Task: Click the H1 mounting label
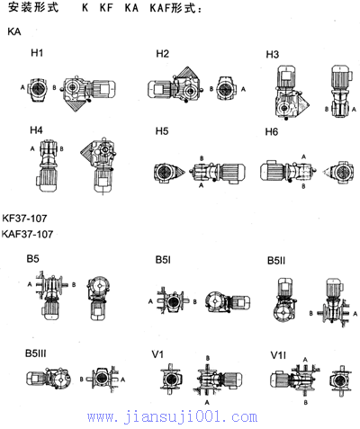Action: [37, 53]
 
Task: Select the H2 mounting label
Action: [162, 54]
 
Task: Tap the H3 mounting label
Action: [273, 55]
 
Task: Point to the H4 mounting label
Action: [36, 130]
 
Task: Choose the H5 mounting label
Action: [162, 131]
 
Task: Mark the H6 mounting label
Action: [272, 131]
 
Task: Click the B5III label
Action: [36, 353]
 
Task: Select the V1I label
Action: [278, 355]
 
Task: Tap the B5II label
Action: [276, 261]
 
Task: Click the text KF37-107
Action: [24, 219]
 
